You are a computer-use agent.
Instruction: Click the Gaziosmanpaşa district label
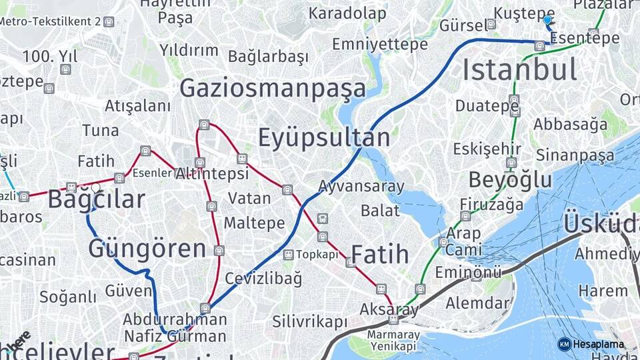pyautogui.click(x=273, y=89)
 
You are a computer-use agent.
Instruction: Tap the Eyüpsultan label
pyautogui.click(x=323, y=138)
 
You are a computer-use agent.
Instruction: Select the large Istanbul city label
pyautogui.click(x=519, y=70)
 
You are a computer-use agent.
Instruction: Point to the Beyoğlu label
pyautogui.click(x=510, y=180)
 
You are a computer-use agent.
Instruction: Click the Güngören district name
pyautogui.click(x=147, y=249)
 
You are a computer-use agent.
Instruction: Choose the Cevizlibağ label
pyautogui.click(x=263, y=278)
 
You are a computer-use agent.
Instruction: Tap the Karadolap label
pyautogui.click(x=347, y=13)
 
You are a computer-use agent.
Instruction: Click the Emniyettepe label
pyautogui.click(x=380, y=45)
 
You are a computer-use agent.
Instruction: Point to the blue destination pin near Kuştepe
pyautogui.click(x=547, y=21)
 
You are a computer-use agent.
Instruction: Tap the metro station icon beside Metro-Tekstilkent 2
pyautogui.click(x=109, y=21)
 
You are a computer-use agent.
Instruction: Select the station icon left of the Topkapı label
pyautogui.click(x=288, y=255)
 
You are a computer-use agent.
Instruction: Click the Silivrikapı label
pyautogui.click(x=310, y=322)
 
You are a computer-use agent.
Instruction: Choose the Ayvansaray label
pyautogui.click(x=361, y=186)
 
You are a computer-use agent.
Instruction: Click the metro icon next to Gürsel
pyautogui.click(x=491, y=25)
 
